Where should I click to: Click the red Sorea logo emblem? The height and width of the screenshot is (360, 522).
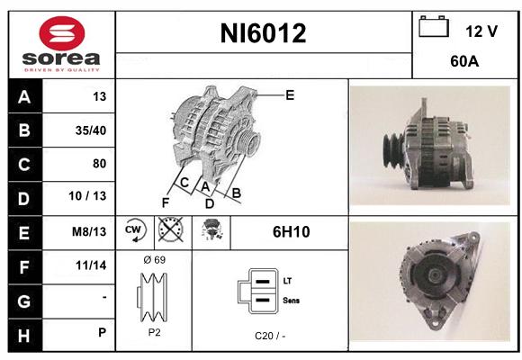point(62,33)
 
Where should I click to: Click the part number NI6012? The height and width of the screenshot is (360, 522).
point(263,33)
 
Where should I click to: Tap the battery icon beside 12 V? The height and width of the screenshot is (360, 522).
point(434,27)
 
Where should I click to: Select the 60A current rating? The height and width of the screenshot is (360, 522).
point(464,61)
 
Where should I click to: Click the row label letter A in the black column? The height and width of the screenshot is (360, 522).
point(24,97)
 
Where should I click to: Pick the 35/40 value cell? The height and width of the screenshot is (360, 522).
point(91,130)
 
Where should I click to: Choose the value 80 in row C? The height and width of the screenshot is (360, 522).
point(99,164)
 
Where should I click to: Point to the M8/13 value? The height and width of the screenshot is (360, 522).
point(89,231)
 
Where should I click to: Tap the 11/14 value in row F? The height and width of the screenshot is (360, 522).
point(91,265)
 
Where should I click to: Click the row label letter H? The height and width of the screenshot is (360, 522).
point(24,336)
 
